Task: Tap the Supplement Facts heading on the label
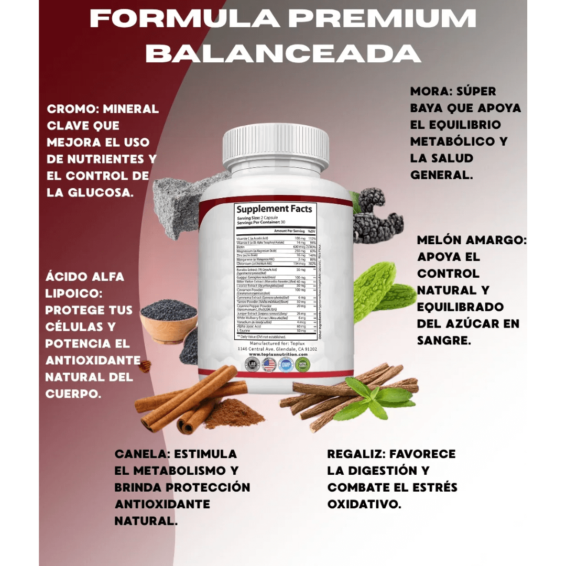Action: [274, 209]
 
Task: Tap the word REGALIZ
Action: [356, 454]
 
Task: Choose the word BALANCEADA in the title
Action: [283, 53]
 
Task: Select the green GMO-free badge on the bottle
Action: [302, 364]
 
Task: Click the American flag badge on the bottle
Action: [269, 364]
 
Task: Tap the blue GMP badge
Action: [286, 364]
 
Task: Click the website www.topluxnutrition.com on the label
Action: [277, 354]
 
